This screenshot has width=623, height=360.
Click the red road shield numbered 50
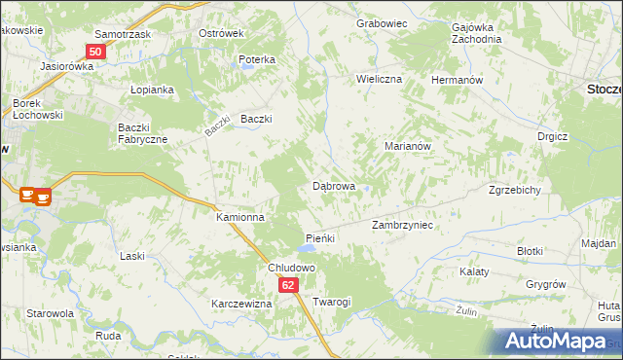point(94,52)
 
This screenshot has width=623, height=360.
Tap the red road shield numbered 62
point(289,285)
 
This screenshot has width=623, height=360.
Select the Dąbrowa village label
point(333,185)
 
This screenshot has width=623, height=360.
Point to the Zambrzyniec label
point(402,225)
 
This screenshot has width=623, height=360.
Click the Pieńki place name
point(320,238)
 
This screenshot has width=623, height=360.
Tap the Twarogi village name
point(331,303)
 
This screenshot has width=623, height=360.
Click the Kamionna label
point(240,218)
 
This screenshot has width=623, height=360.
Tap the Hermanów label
point(457,79)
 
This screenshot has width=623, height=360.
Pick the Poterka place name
point(257,60)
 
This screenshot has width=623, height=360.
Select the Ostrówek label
point(220,33)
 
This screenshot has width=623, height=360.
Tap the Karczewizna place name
point(241,304)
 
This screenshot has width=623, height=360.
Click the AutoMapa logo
point(559,342)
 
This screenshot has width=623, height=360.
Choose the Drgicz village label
point(552,137)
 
